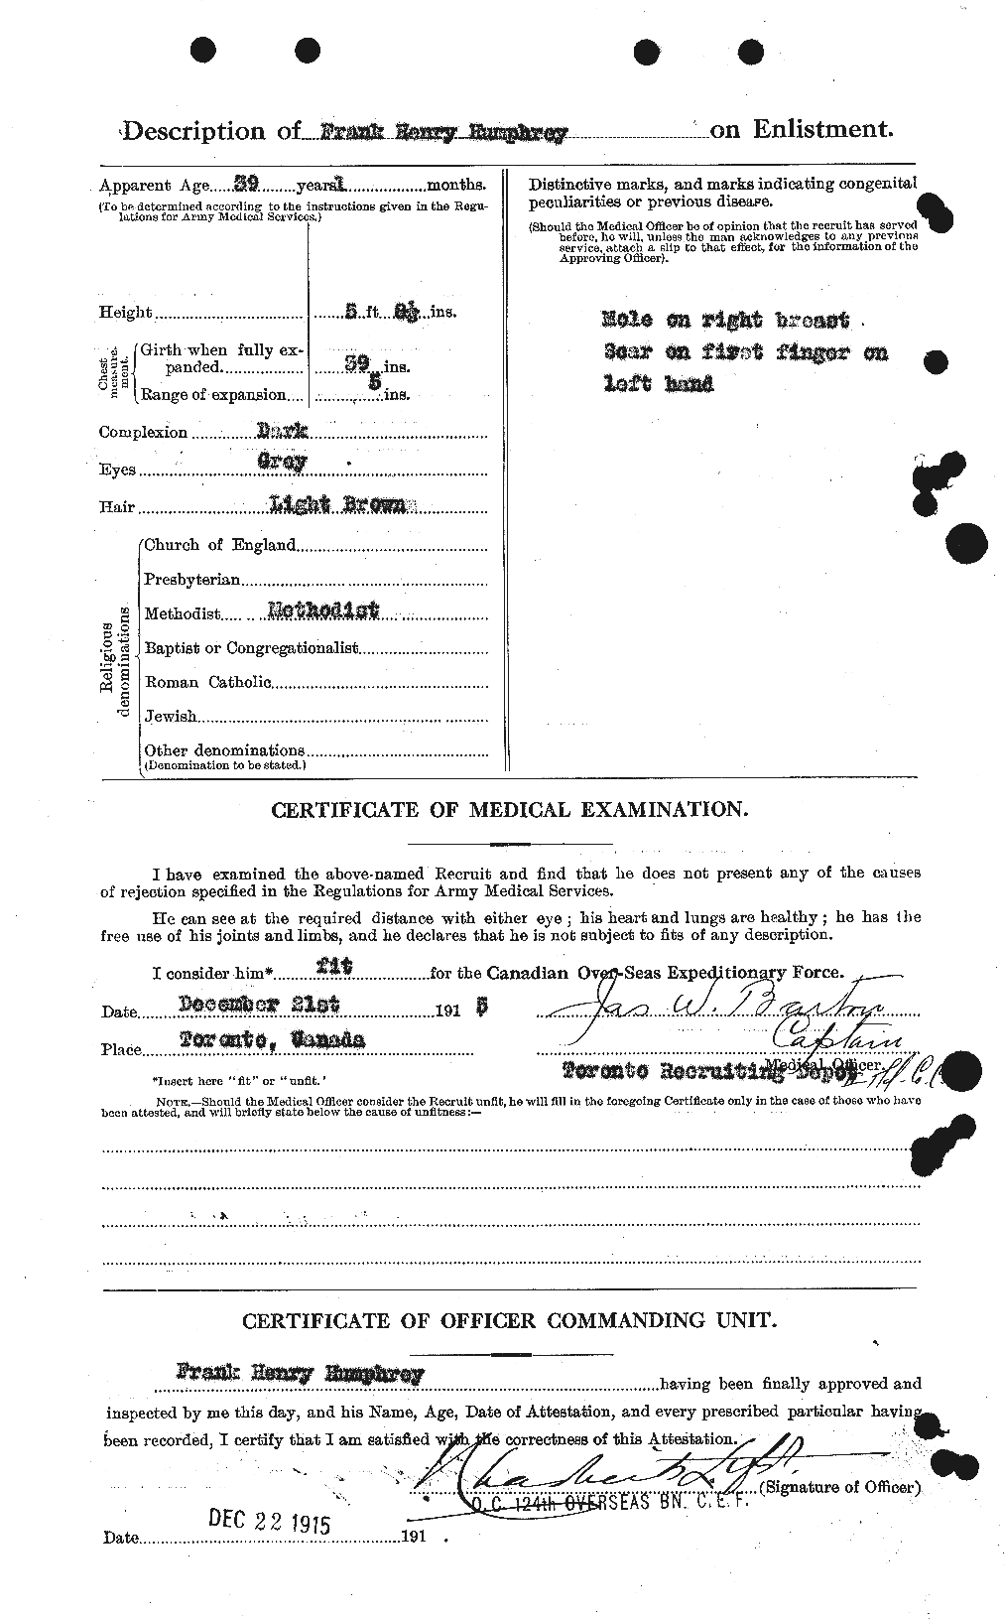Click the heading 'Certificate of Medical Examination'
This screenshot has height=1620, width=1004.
click(x=509, y=810)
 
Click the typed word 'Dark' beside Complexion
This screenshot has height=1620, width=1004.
click(x=288, y=431)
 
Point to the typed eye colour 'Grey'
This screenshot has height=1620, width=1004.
click(x=284, y=462)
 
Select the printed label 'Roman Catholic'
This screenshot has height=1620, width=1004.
click(x=207, y=682)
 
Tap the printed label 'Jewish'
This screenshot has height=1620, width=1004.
click(x=170, y=716)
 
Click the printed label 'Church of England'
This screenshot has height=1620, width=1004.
click(x=219, y=544)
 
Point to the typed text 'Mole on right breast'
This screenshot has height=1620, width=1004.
click(x=725, y=320)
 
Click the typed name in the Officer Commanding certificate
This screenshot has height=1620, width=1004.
click(x=300, y=1374)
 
